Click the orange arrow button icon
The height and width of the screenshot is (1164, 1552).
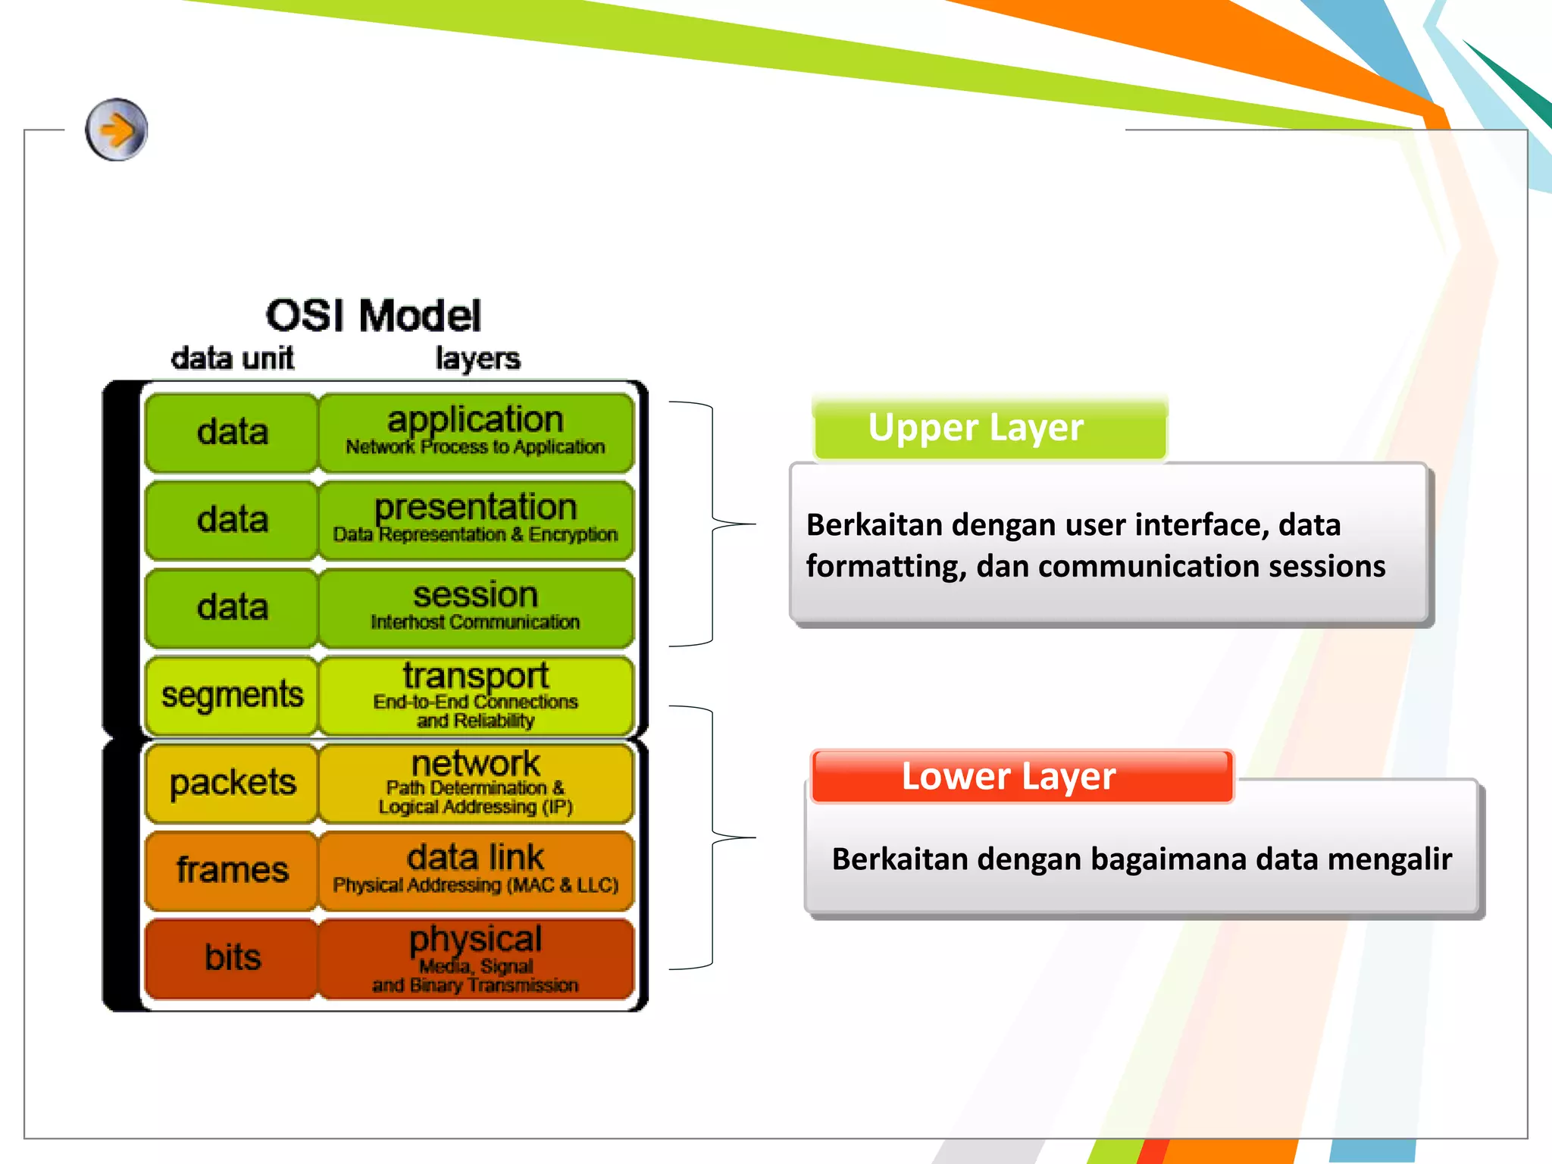point(116,130)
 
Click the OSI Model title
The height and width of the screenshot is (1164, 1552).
point(373,315)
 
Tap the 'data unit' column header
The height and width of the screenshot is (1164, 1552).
point(232,358)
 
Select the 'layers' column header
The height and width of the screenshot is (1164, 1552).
point(477,358)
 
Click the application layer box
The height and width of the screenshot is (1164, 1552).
point(476,432)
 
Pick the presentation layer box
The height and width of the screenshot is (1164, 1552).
point(476,520)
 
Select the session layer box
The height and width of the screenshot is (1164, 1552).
point(476,607)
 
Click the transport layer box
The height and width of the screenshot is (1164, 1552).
point(476,695)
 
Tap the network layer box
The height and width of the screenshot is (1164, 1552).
point(476,782)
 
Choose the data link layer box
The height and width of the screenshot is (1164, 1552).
point(476,870)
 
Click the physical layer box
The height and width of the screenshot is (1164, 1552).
point(476,958)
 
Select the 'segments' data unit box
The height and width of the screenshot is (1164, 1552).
point(232,695)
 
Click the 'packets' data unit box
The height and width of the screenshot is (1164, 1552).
point(232,782)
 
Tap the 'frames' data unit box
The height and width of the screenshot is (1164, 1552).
point(232,870)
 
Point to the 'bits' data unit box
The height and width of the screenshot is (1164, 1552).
point(232,958)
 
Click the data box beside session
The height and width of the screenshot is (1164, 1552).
point(232,607)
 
